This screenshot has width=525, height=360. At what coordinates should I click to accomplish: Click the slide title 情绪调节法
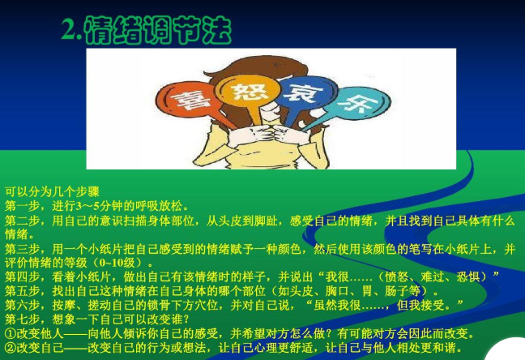pos(157,30)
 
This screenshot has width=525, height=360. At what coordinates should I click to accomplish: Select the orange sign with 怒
pos(248,91)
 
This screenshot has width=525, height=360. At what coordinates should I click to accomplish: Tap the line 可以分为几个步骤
pos(52,191)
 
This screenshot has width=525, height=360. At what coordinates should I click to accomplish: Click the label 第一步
pos(22,206)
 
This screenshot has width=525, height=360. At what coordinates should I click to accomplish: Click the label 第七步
pos(22,319)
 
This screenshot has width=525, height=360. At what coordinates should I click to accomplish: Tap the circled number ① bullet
pos(11,333)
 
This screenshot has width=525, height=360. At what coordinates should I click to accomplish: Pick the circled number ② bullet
pos(11,348)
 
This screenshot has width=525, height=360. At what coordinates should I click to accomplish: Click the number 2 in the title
pos(68,30)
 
